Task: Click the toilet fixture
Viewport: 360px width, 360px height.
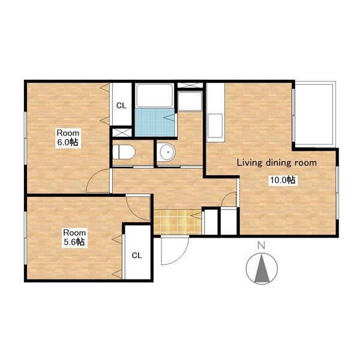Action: [124, 152]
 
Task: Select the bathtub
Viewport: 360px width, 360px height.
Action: [154, 95]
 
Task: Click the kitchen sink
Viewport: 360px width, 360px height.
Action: [215, 125]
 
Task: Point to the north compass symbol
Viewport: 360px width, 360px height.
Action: [262, 268]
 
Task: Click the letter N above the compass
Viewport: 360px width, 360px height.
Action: [261, 245]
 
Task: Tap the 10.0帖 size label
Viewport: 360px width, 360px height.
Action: [283, 180]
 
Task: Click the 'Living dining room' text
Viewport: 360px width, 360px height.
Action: [277, 163]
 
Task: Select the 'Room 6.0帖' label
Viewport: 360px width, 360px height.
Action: [68, 138]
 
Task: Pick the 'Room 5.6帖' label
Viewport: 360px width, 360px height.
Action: [74, 238]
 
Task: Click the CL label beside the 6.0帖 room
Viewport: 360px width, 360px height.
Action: [121, 106]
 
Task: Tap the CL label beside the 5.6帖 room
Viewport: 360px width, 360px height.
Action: [137, 256]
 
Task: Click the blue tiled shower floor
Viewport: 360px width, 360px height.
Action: [155, 122]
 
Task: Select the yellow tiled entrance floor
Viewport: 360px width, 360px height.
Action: [177, 222]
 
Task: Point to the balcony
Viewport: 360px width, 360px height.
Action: [314, 114]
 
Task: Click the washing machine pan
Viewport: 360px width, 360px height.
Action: [190, 101]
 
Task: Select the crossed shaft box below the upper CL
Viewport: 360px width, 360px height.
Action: [122, 133]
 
